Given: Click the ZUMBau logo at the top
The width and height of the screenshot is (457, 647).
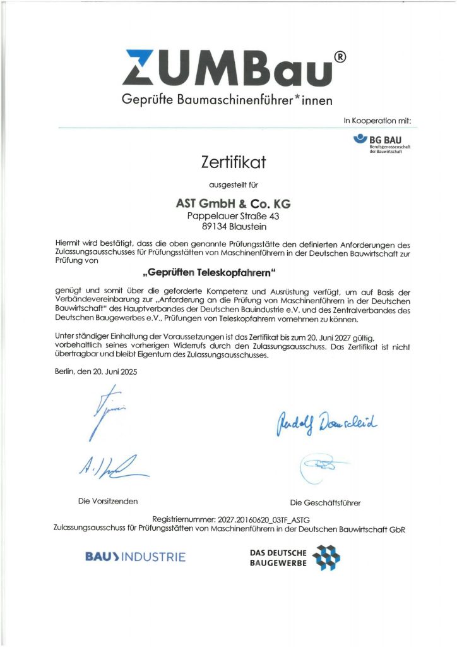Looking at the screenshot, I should pyautogui.click(x=227, y=68).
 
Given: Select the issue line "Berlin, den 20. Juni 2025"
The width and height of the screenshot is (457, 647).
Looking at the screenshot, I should pyautogui.click(x=95, y=372).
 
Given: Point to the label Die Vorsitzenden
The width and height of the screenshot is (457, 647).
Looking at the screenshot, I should pyautogui.click(x=108, y=501).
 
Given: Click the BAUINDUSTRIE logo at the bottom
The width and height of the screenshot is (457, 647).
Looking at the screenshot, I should pyautogui.click(x=135, y=557).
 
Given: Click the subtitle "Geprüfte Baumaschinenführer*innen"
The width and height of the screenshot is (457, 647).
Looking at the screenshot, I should pyautogui.click(x=227, y=100).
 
